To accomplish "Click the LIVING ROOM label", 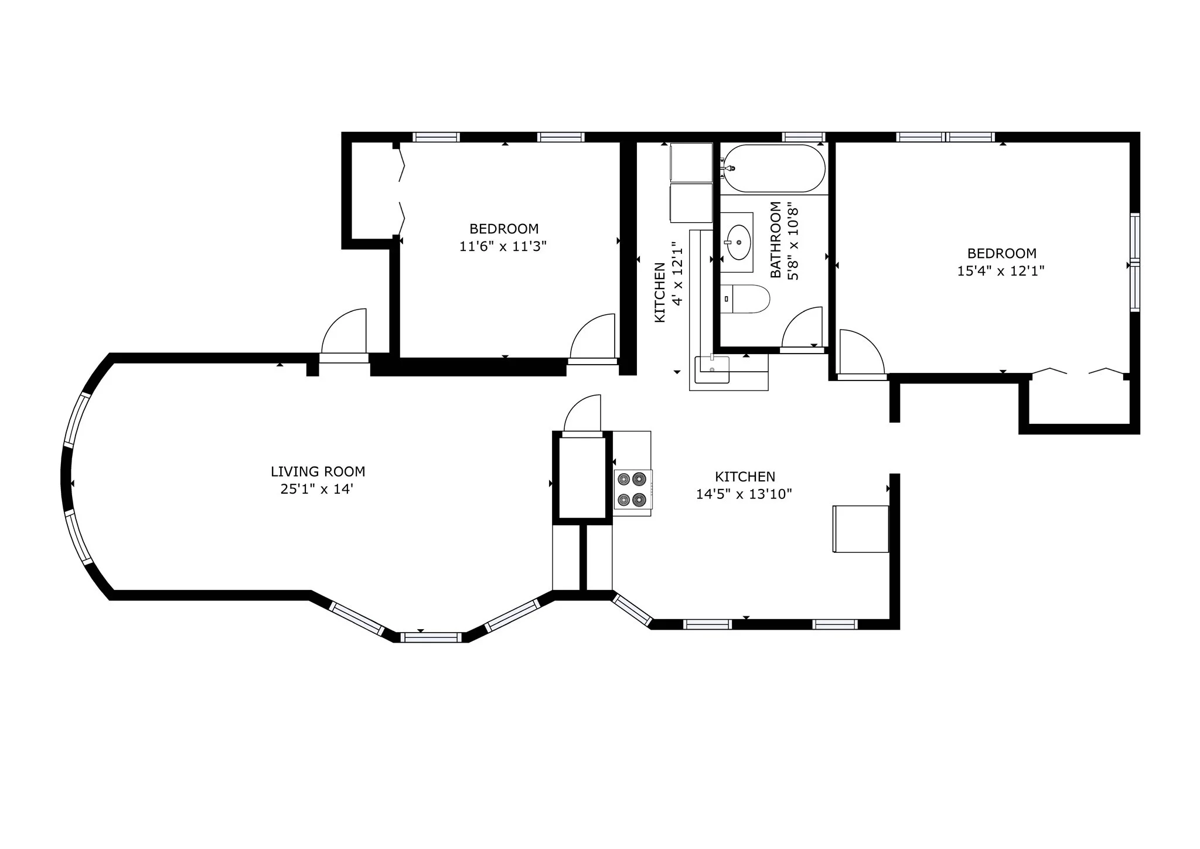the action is tap(318, 471).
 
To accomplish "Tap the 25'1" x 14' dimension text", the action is tap(317, 489).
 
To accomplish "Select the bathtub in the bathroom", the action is tap(774, 168).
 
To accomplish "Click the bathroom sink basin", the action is tap(738, 242).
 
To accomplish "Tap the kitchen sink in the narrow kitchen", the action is tap(712, 369).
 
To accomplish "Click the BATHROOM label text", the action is tap(776, 240).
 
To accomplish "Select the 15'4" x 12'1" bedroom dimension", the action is tap(1001, 271).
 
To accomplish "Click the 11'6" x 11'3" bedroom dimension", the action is tap(503, 246).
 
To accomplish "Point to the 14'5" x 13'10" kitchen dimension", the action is tap(744, 494).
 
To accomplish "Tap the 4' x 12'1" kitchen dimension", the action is tap(677, 273).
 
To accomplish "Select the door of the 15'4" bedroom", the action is tap(861, 354).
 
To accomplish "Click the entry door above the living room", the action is tap(344, 333).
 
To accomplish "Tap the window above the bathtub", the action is tap(804, 137).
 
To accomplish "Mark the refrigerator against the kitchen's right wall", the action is tap(861, 529).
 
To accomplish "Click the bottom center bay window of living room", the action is tap(431, 637).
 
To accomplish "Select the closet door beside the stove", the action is tap(582, 415).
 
